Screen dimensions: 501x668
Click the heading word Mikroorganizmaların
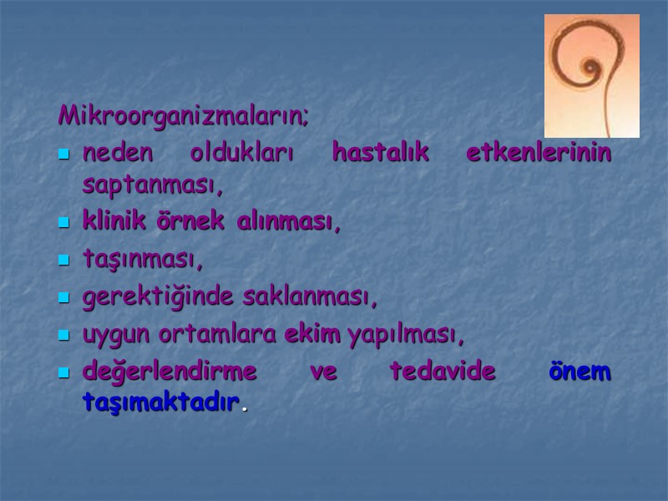(x=183, y=115)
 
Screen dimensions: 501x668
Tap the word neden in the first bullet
(x=119, y=154)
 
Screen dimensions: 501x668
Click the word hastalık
(x=380, y=154)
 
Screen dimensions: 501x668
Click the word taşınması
(x=143, y=261)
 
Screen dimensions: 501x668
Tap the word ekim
(x=313, y=336)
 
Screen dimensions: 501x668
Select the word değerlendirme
(x=170, y=372)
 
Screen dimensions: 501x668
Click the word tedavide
(x=443, y=372)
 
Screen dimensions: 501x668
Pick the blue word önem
(x=579, y=372)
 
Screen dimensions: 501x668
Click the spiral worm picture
(x=591, y=75)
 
